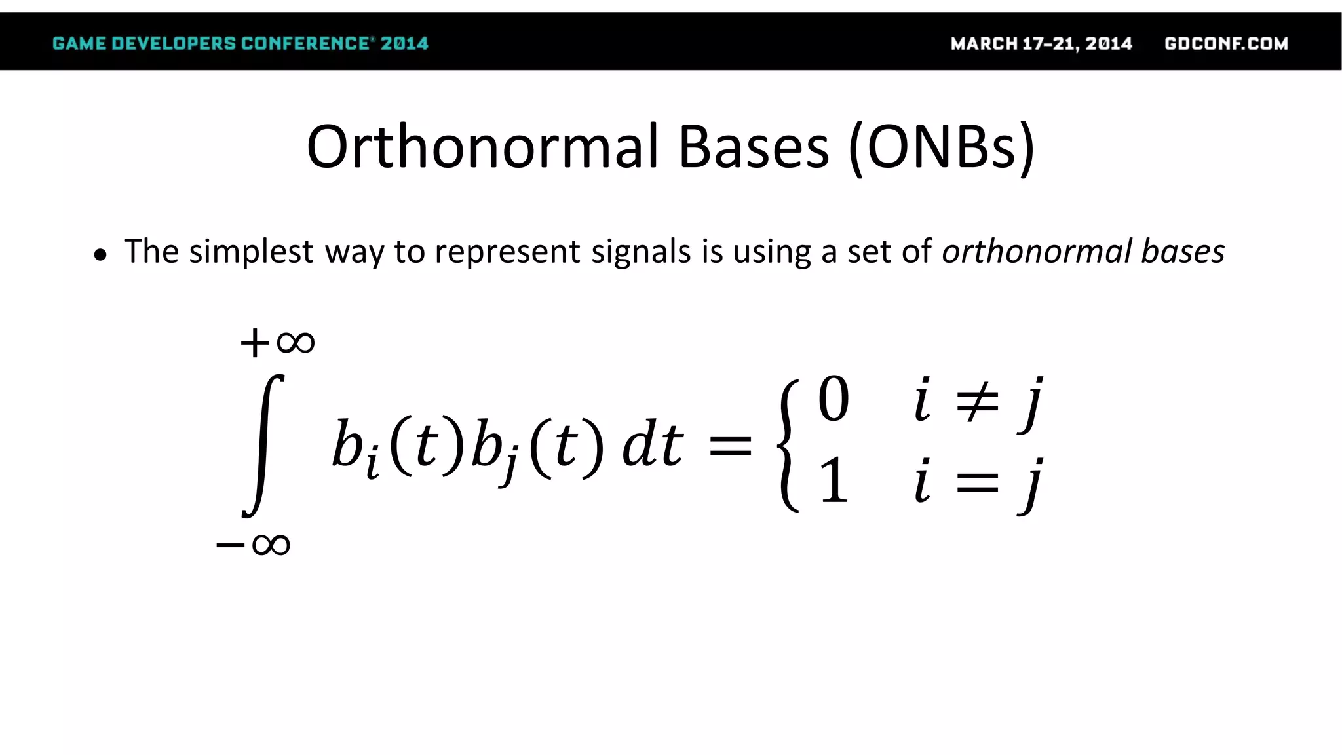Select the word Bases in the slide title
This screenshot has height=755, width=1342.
pyautogui.click(x=753, y=147)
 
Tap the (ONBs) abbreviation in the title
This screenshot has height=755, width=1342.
pyautogui.click(x=942, y=148)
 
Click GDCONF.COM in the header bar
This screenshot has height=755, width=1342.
pyautogui.click(x=1226, y=44)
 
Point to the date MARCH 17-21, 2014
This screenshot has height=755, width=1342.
pyautogui.click(x=1041, y=44)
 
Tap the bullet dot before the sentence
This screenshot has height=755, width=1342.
pyautogui.click(x=100, y=256)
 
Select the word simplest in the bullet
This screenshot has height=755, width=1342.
pyautogui.click(x=251, y=252)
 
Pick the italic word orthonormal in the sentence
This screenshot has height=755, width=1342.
pyautogui.click(x=1037, y=252)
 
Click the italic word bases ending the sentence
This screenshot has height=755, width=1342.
pyautogui.click(x=1183, y=252)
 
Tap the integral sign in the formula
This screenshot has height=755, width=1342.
pyautogui.click(x=263, y=446)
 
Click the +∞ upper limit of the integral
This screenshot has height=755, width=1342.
pyautogui.click(x=277, y=342)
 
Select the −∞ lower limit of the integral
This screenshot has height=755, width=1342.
pyautogui.click(x=253, y=545)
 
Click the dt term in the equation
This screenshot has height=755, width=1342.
pyautogui.click(x=652, y=445)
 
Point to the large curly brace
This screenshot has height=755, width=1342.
pyautogui.click(x=788, y=446)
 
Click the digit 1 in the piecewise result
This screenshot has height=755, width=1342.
pyautogui.click(x=834, y=481)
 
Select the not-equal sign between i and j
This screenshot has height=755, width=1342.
pyautogui.click(x=977, y=400)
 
